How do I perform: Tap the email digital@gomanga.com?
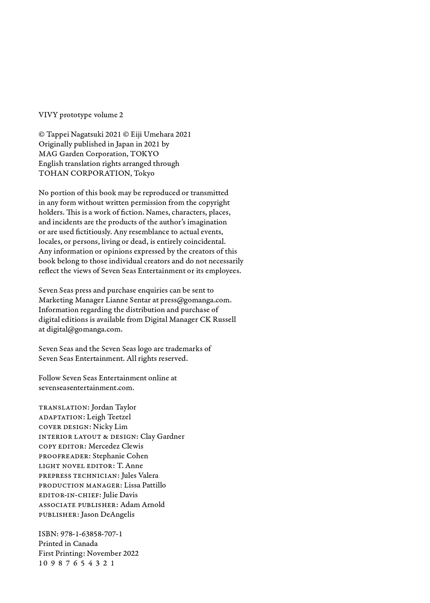[x=84, y=329]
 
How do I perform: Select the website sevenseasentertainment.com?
[x=86, y=388]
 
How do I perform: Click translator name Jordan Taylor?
[x=114, y=407]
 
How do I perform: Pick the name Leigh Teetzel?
[x=109, y=417]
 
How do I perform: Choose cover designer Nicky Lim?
[x=110, y=427]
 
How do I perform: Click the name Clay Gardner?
[x=162, y=437]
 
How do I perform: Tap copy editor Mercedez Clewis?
[x=116, y=446]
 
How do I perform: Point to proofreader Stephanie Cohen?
[x=120, y=456]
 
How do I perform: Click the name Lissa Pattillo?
[x=145, y=485]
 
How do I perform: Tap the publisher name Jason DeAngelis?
[x=108, y=514]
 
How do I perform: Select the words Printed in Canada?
[x=68, y=544]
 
